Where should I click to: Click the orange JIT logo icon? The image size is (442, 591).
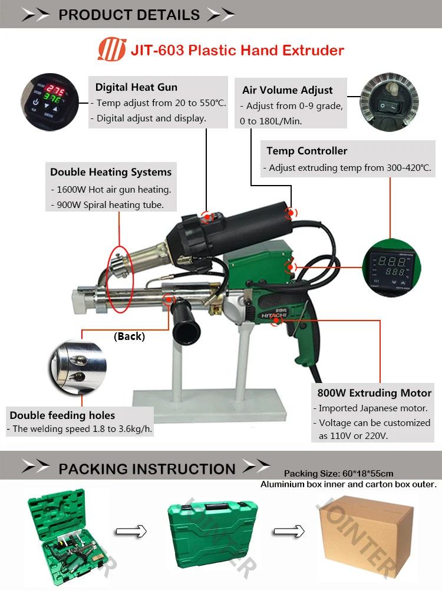point(111,49)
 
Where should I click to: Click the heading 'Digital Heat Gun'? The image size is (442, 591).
point(136,87)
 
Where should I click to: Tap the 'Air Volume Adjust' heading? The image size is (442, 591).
point(288,90)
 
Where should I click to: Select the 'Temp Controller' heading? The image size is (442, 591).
point(306,151)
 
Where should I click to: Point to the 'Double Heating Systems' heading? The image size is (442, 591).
point(111,172)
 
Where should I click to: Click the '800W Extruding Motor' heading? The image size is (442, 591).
point(374,393)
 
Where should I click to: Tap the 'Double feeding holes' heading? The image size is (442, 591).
point(62,415)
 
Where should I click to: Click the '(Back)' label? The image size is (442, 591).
point(129,336)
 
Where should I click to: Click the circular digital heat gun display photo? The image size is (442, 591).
point(50,102)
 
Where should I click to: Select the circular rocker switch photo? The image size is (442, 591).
point(389,102)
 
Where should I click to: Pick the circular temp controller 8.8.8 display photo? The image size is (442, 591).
point(391,268)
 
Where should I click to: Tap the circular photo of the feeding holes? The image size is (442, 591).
point(78,367)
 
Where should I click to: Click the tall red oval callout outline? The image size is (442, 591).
point(120,279)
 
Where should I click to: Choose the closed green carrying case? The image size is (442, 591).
point(213,534)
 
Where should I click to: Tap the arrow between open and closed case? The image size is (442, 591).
point(131,531)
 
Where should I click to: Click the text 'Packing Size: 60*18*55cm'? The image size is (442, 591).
point(339,473)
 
